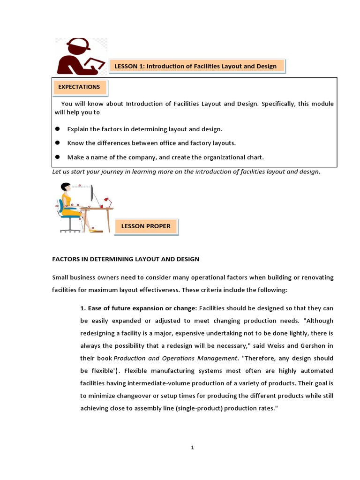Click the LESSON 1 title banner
tap(195, 67)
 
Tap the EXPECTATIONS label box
tap(79, 87)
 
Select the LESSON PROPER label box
tap(146, 226)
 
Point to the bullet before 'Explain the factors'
tap(58, 129)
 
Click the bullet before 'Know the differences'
tap(58, 142)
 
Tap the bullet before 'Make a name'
tap(58, 157)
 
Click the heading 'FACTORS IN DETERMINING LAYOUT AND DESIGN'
tap(126, 259)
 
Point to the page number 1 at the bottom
tap(192, 448)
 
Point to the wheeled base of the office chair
tap(70, 229)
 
